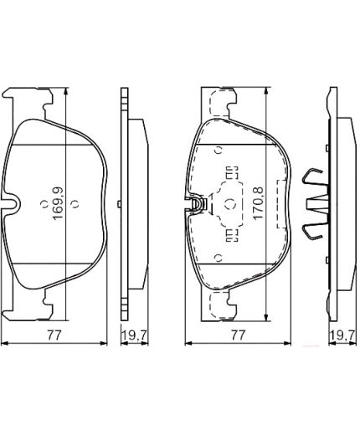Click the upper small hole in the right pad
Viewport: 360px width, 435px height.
[x=219, y=151]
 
